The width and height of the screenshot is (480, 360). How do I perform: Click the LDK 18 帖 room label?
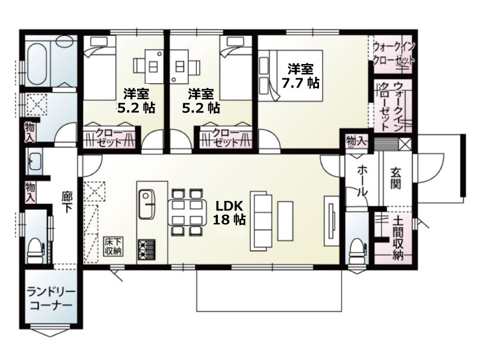pos(229,213)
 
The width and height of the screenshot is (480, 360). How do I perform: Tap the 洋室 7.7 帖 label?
pos(300,76)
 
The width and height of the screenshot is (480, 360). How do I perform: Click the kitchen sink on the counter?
pos(147,205)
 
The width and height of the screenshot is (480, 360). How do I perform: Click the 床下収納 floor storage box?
pos(114,246)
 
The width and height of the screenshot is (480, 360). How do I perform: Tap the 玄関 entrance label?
pos(395,178)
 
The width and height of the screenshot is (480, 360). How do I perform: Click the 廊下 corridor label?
pos(66,202)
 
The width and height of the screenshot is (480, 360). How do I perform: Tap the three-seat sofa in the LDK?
pos(261,221)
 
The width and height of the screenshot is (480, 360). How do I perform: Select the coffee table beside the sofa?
pos(285,221)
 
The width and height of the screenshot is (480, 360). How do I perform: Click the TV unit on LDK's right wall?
pos(332,221)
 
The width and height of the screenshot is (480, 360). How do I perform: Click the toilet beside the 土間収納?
pos(357,251)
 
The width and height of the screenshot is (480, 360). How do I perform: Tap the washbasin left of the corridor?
pos(34,161)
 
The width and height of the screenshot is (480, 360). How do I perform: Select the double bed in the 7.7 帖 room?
pos(290,75)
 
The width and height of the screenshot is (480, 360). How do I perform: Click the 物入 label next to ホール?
pos(356,141)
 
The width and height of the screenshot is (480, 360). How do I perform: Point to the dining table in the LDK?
pos(187,212)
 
